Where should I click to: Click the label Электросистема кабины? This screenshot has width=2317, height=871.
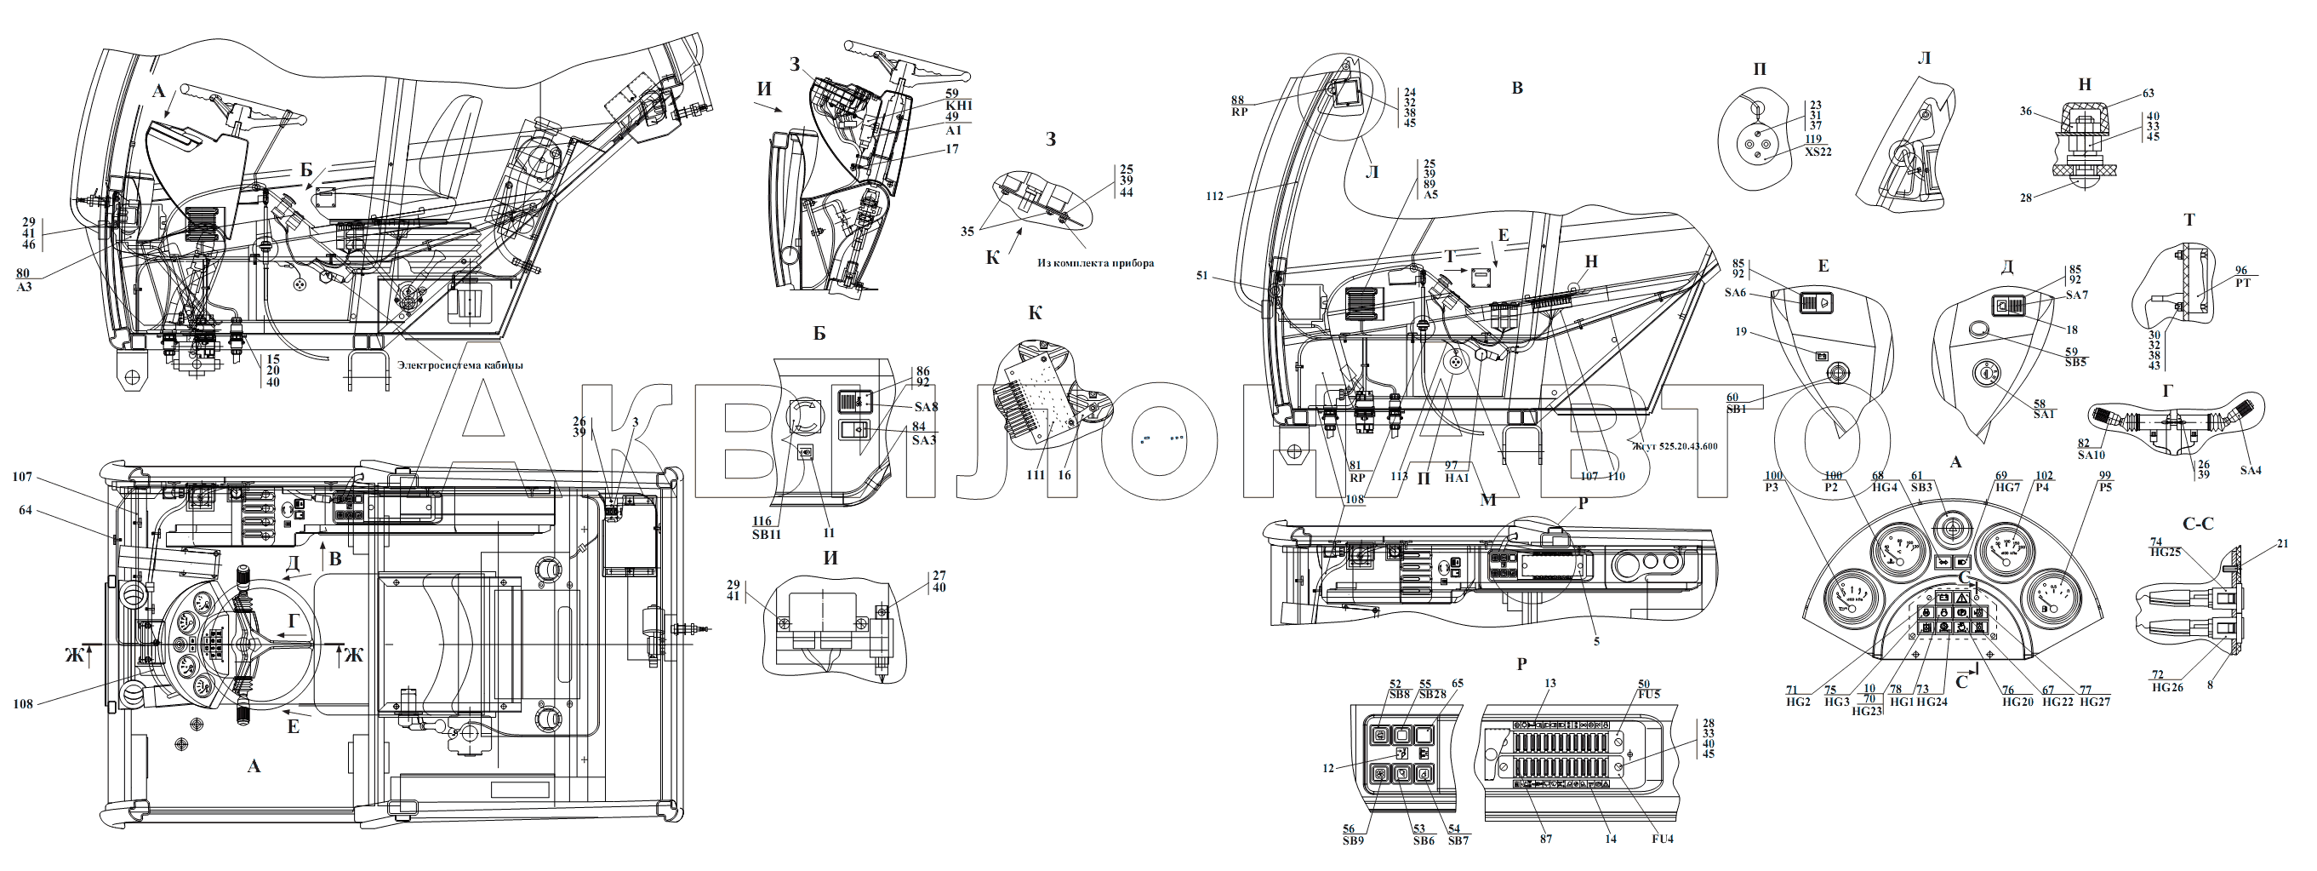[459, 365]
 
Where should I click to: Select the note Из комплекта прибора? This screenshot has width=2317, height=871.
[1094, 264]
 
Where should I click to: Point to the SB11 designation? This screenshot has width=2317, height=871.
[768, 535]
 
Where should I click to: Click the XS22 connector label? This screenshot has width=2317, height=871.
[1817, 152]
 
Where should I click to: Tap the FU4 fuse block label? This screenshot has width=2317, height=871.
[1661, 839]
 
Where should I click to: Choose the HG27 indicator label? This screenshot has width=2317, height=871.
[2094, 702]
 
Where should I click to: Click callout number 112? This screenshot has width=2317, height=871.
[1214, 196]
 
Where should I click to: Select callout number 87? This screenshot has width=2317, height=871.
[1546, 839]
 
